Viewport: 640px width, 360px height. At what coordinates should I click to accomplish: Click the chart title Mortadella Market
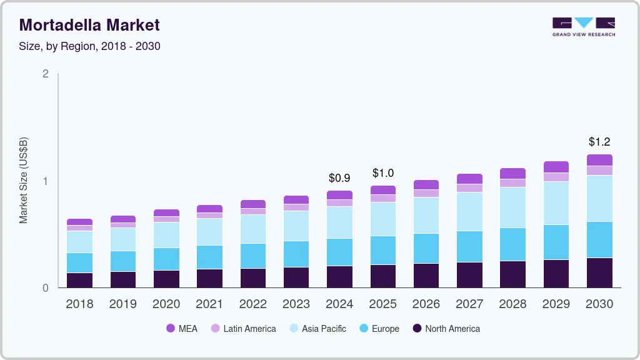(x=89, y=25)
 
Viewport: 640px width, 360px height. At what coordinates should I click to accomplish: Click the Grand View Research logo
(x=583, y=27)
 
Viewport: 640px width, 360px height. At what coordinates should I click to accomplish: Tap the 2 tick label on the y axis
(x=45, y=74)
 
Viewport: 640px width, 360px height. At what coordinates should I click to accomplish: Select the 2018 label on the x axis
(x=79, y=304)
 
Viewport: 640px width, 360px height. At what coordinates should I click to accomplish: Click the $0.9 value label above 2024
(x=339, y=178)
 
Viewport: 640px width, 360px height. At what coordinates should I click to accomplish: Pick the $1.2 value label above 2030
(x=599, y=142)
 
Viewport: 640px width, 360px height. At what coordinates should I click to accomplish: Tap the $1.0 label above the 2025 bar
(x=382, y=173)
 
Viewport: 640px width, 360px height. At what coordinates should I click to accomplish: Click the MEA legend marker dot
(x=171, y=329)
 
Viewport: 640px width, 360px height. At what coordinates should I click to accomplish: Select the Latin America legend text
(x=249, y=329)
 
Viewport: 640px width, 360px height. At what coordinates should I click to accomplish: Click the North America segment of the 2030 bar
(x=599, y=273)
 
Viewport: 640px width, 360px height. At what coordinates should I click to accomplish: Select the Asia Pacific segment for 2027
(x=469, y=211)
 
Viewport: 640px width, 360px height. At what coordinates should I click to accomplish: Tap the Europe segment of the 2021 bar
(x=209, y=257)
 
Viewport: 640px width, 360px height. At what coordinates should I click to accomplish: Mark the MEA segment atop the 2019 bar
(x=122, y=219)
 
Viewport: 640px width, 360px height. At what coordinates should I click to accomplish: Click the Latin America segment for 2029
(x=556, y=177)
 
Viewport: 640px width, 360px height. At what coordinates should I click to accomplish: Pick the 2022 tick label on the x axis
(x=252, y=304)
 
